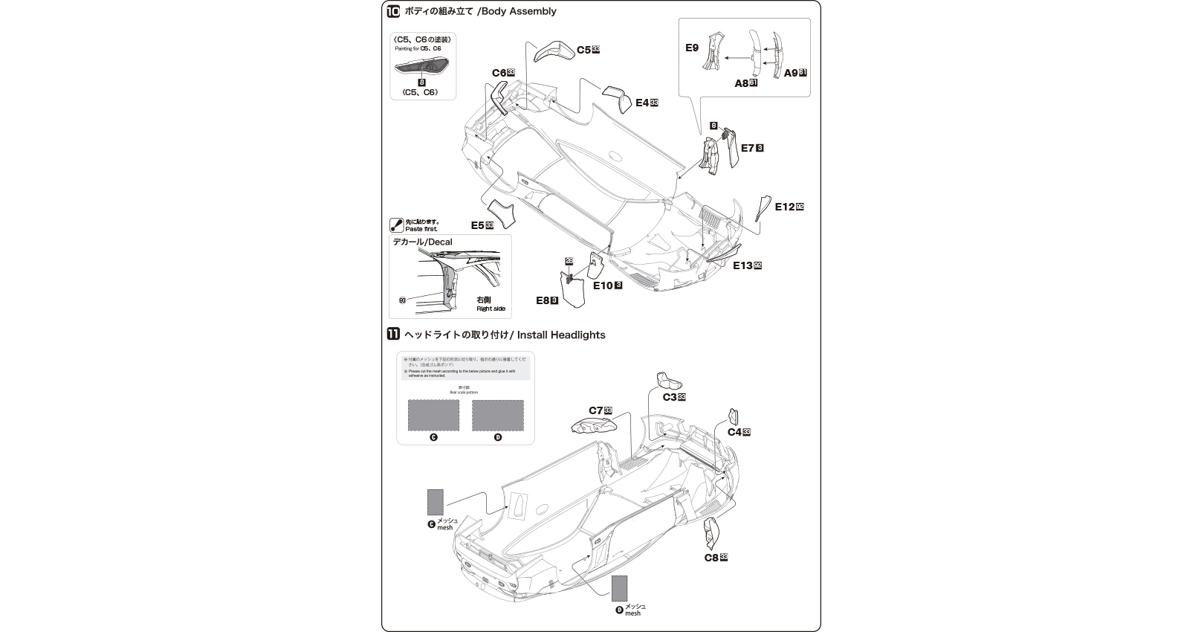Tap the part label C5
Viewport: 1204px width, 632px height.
point(583,50)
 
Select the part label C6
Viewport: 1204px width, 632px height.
point(499,73)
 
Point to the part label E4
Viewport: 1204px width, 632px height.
point(642,103)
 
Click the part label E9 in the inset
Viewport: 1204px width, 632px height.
point(692,48)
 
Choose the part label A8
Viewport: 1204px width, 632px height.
point(741,83)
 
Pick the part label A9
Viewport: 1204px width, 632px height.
point(791,73)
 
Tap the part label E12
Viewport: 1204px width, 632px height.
point(784,207)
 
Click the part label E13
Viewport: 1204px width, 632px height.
point(742,265)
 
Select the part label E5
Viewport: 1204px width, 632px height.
point(477,225)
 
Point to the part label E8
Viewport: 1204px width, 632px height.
point(543,300)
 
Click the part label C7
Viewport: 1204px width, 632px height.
point(595,410)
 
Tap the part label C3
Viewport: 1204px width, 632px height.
point(669,397)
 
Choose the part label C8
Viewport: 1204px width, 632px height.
point(711,557)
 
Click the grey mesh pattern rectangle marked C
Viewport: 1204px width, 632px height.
point(433,415)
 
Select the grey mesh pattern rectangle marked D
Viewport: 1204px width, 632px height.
point(497,415)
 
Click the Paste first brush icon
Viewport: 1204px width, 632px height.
point(397,225)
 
